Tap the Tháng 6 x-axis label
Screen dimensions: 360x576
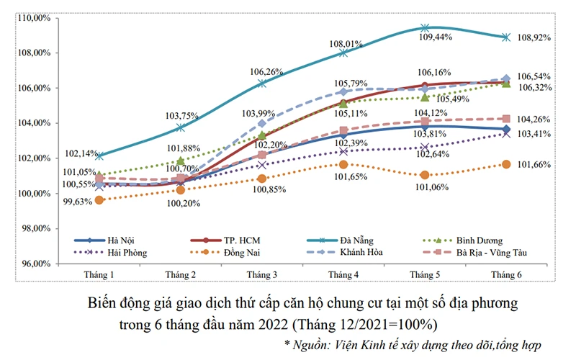point(506,276)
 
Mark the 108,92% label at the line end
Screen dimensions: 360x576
point(534,37)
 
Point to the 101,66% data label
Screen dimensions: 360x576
point(534,164)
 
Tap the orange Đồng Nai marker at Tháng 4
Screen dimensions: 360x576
point(343,164)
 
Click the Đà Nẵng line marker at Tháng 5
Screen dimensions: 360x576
point(425,28)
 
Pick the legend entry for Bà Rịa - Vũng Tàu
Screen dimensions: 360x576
point(493,253)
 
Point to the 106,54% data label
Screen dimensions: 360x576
point(534,76)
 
